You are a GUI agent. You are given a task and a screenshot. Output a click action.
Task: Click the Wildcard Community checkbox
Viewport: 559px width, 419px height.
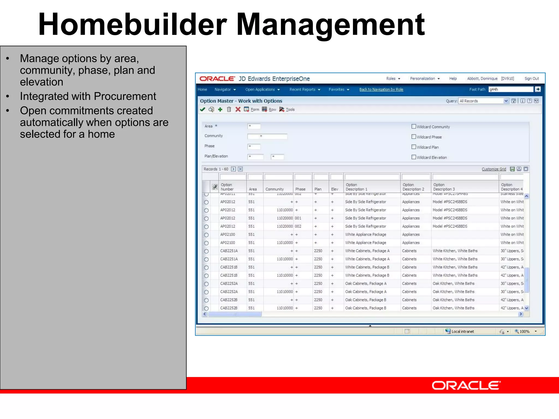[414, 127]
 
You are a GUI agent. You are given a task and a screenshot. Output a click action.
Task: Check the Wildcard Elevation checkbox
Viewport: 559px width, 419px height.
[414, 157]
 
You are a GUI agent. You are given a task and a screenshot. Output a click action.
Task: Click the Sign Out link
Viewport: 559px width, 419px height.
[531, 79]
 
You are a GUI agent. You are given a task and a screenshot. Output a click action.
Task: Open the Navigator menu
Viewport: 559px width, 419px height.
[225, 89]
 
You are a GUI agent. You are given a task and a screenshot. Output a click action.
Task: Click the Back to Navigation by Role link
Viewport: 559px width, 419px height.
[381, 89]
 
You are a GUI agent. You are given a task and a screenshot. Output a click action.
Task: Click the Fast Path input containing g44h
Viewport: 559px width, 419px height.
[510, 89]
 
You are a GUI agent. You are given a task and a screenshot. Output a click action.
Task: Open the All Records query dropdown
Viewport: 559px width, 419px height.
[506, 101]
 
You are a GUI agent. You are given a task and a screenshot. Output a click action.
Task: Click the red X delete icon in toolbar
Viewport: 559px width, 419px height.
[238, 109]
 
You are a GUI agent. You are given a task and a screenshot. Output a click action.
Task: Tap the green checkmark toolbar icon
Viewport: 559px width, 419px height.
[203, 109]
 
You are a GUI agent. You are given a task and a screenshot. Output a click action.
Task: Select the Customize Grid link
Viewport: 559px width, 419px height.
[493, 169]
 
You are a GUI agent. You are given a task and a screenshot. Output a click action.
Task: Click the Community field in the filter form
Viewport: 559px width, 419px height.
[267, 136]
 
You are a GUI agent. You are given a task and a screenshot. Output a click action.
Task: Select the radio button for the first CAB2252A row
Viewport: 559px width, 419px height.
[206, 284]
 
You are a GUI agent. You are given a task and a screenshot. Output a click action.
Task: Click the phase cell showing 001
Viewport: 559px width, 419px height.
[298, 218]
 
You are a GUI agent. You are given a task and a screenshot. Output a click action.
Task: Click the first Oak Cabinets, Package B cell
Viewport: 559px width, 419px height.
[365, 300]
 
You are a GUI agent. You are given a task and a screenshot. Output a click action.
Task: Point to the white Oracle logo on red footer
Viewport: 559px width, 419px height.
[466, 385]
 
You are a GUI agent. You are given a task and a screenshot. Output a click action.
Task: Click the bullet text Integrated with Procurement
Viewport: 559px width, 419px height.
[88, 96]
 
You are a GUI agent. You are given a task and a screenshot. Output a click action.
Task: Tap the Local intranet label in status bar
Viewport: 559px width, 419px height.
[462, 331]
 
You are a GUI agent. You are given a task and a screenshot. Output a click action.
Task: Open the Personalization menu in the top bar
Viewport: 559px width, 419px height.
[424, 79]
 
